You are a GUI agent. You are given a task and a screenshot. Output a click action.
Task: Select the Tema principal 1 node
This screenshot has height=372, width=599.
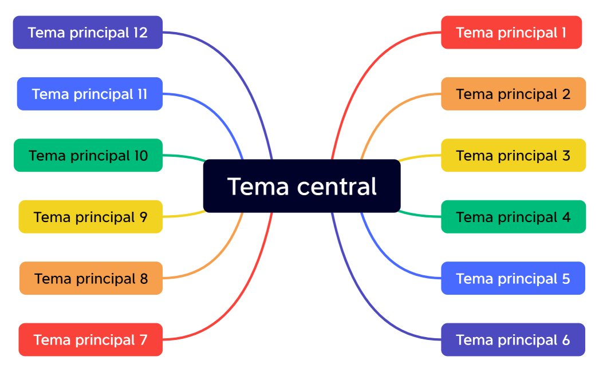click(511, 33)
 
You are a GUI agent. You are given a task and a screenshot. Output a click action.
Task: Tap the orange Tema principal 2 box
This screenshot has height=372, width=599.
click(513, 94)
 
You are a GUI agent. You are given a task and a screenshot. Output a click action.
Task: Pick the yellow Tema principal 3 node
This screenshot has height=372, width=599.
click(513, 155)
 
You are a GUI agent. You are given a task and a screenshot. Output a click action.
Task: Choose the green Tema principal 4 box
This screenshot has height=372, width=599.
click(513, 217)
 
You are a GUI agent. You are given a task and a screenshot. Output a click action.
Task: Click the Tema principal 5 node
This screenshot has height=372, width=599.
click(513, 278)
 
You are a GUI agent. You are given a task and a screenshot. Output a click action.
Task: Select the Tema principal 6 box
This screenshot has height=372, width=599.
click(513, 339)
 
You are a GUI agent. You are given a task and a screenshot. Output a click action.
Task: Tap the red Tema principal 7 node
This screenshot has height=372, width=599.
click(90, 339)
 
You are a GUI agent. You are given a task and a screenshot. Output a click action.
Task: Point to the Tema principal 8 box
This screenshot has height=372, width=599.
click(91, 278)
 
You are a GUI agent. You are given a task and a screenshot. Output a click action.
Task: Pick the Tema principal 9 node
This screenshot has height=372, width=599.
click(90, 217)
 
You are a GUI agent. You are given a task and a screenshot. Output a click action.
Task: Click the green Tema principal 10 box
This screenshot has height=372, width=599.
click(88, 155)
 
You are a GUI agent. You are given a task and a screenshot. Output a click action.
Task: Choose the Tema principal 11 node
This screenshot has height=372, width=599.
click(90, 94)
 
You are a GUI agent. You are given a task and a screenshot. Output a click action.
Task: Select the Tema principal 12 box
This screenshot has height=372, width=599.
click(88, 33)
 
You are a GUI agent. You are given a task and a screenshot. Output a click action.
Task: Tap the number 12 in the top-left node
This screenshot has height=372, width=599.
click(140, 33)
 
